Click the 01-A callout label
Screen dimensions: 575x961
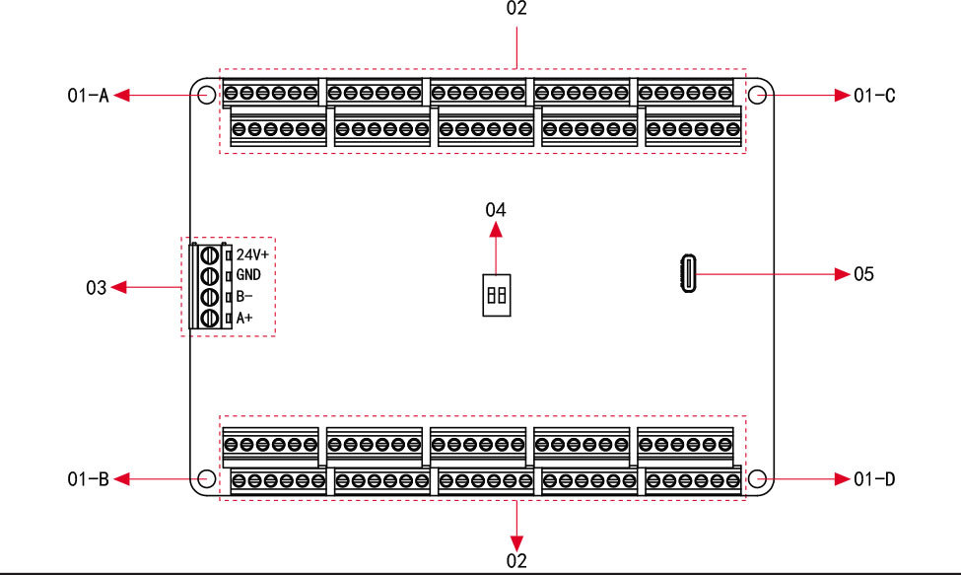[88, 96]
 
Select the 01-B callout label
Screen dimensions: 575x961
[88, 479]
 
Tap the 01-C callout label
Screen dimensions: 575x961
[874, 96]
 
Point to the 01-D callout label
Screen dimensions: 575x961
[874, 479]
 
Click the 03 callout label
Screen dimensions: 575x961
[96, 288]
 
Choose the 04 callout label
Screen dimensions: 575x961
[496, 209]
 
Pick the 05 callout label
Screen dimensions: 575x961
[863, 273]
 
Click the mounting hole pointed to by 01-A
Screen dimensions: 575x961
[206, 95]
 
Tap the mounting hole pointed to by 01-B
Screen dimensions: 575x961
[206, 479]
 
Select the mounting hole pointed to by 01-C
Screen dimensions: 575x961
[757, 95]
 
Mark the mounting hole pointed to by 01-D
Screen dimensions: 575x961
[757, 479]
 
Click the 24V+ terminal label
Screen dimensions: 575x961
[252, 253]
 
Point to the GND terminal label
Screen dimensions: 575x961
[248, 275]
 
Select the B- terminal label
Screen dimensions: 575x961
[243, 296]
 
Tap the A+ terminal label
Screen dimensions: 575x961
[243, 318]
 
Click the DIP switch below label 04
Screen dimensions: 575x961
[496, 294]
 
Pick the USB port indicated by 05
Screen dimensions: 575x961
[687, 273]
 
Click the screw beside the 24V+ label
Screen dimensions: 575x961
[210, 254]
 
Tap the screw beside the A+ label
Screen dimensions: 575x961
[210, 318]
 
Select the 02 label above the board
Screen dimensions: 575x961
[515, 9]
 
